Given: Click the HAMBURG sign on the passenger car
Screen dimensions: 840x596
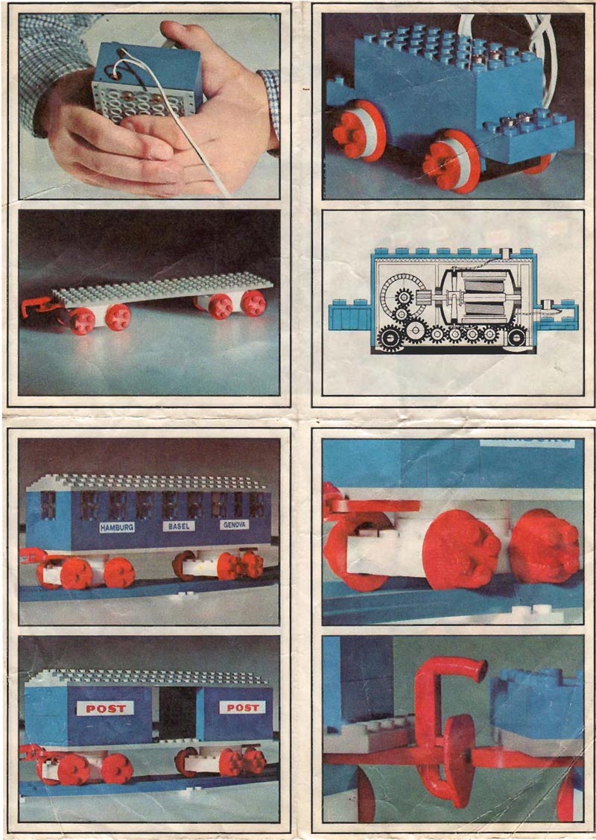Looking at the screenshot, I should click(x=118, y=527).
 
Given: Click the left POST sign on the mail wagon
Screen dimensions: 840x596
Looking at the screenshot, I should click(x=105, y=708).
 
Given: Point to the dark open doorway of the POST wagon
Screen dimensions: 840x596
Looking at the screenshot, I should click(x=177, y=713).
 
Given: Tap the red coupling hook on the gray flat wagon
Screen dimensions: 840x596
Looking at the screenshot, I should click(x=34, y=306).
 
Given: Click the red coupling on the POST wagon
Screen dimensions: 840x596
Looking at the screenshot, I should click(x=30, y=751).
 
